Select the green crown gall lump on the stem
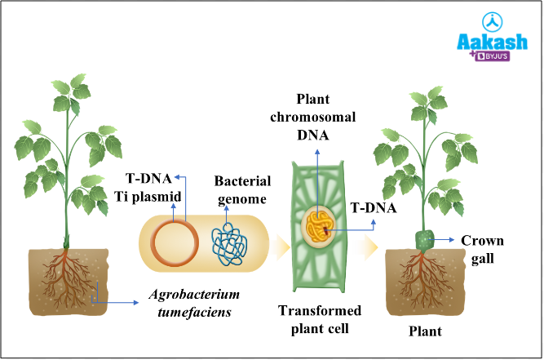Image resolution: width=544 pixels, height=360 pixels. click(x=425, y=241)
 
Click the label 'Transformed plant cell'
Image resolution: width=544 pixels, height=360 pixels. click(x=319, y=319)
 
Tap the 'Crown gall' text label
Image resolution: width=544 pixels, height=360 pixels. click(x=482, y=248)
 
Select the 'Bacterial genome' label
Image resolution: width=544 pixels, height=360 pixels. click(x=240, y=189)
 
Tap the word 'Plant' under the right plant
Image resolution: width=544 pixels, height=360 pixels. click(x=424, y=331)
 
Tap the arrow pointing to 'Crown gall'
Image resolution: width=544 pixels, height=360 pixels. click(x=445, y=240)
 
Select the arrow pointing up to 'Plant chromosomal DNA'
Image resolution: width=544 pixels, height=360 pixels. click(x=318, y=176)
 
